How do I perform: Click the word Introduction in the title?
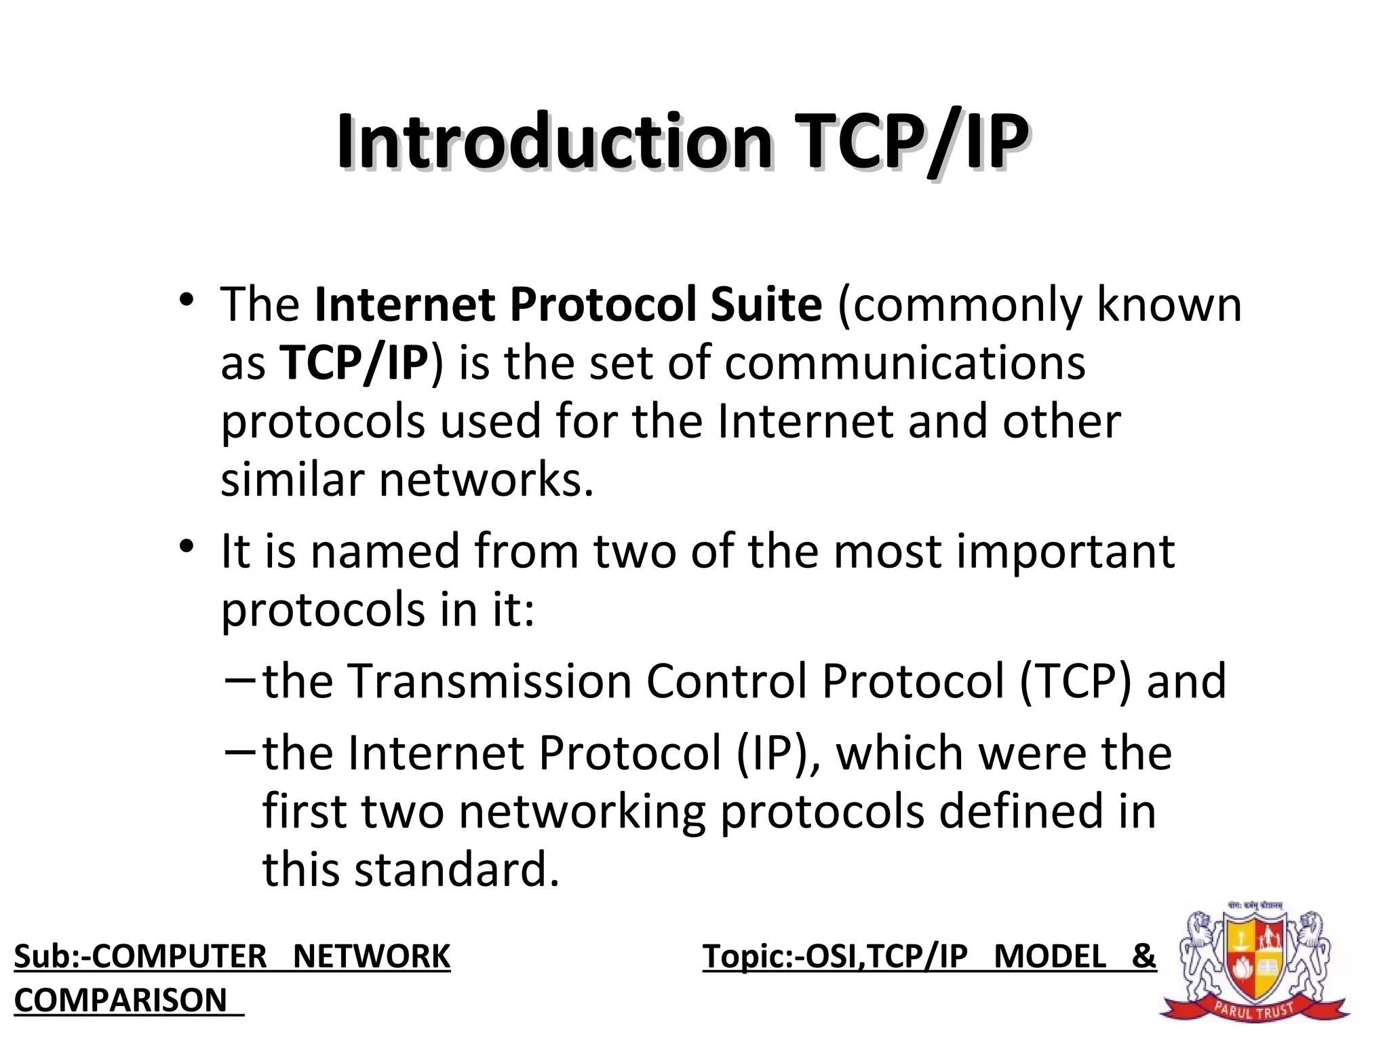[x=553, y=142]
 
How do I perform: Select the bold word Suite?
[x=766, y=305]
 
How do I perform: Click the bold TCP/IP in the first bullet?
[x=353, y=363]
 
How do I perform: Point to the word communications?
[x=905, y=363]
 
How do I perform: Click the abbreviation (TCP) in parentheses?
[x=1076, y=681]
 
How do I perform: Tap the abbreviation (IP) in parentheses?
[x=774, y=753]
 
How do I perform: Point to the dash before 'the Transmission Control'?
[x=239, y=678]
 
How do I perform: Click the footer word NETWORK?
[x=372, y=957]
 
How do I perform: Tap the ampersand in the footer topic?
[x=1143, y=957]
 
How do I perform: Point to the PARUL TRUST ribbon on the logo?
[x=1254, y=1010]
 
